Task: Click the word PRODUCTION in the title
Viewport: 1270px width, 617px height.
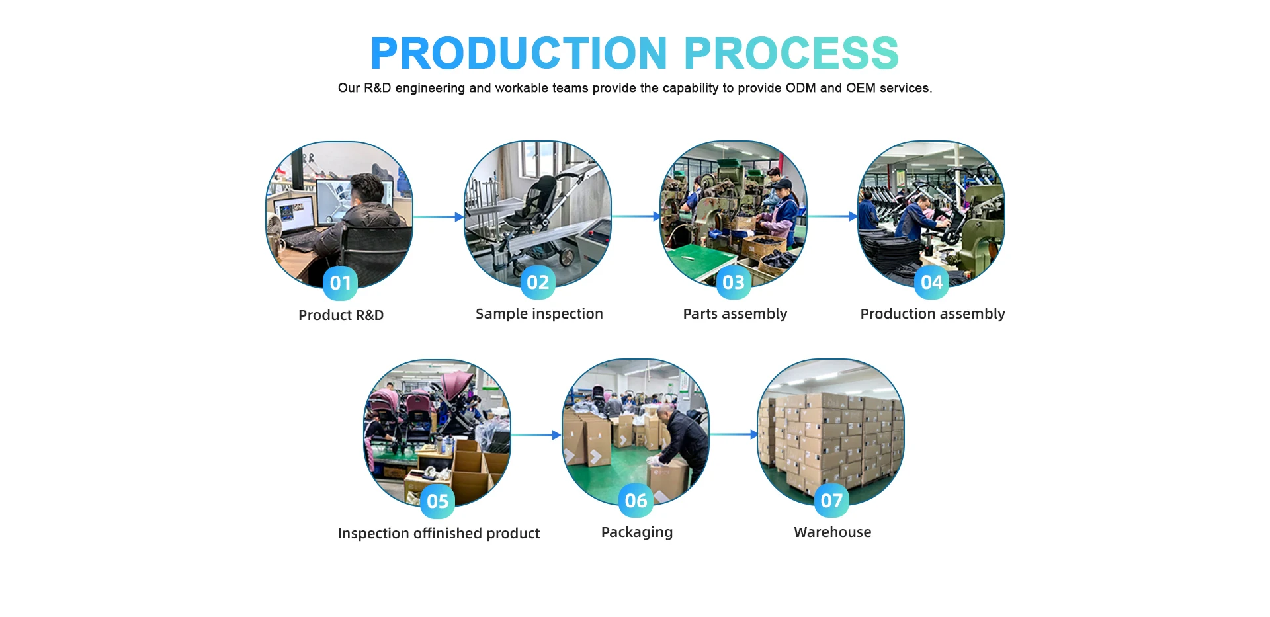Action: [x=519, y=53]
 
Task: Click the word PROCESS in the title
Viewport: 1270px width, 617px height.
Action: [x=792, y=53]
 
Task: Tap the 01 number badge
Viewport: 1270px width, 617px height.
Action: [x=341, y=283]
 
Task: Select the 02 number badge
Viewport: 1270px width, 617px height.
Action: [x=538, y=282]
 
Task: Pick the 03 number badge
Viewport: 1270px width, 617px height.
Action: [x=734, y=282]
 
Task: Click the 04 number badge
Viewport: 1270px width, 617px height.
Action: [x=931, y=282]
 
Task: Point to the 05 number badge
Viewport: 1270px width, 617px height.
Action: [x=437, y=501]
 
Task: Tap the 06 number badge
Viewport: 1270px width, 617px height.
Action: [x=636, y=501]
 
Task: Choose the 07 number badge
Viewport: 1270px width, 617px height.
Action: [x=831, y=501]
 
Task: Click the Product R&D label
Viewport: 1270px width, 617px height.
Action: [x=341, y=315]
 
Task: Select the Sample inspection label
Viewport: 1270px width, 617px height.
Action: [x=539, y=314]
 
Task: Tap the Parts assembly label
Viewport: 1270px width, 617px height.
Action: [x=735, y=314]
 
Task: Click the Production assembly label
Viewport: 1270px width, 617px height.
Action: [x=933, y=314]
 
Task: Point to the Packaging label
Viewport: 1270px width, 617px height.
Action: [x=637, y=532]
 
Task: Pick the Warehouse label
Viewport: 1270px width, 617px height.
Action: [x=833, y=532]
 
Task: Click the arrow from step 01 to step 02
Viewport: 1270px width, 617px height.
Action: [x=438, y=217]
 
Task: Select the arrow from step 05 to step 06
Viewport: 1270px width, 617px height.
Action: [x=536, y=435]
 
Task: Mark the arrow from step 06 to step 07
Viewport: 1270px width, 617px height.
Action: [x=734, y=434]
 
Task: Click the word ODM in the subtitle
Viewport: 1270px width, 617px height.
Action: [x=800, y=88]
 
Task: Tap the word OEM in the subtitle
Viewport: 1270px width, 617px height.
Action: [x=861, y=88]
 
